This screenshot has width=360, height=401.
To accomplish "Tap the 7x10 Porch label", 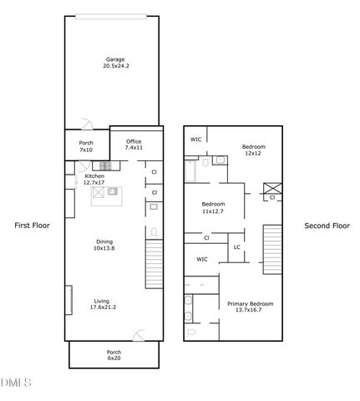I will pyautogui.click(x=86, y=146).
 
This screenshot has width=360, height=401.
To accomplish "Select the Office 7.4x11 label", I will pyautogui.click(x=134, y=145).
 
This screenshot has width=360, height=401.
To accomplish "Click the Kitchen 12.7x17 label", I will pyautogui.click(x=94, y=180).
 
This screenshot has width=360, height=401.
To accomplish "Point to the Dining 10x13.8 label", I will pyautogui.click(x=103, y=245).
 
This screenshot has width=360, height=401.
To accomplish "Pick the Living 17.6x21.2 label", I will pyautogui.click(x=102, y=305).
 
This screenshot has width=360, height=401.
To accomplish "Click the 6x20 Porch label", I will pyautogui.click(x=114, y=356).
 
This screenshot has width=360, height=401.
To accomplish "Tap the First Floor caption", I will pyautogui.click(x=33, y=226).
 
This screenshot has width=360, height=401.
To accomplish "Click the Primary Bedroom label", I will pyautogui.click(x=251, y=307).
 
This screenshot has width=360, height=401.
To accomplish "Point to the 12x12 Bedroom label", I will pyautogui.click(x=253, y=150).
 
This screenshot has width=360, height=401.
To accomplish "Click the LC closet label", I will pyautogui.click(x=236, y=247).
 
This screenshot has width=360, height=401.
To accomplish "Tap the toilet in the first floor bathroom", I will pyautogui.click(x=155, y=231).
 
